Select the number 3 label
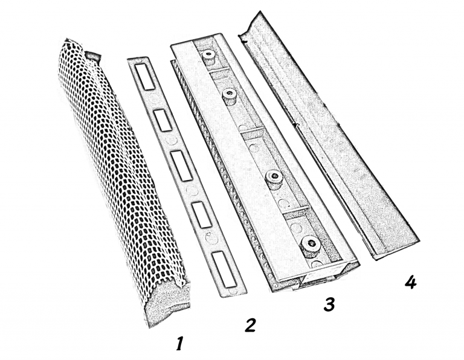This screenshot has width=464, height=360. tap(329, 304)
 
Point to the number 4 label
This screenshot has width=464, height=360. tap(410, 282)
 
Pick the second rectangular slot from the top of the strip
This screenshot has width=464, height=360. tap(163, 120)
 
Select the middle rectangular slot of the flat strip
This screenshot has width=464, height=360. tap(181, 166)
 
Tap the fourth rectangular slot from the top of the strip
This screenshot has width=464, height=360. tap(201, 215)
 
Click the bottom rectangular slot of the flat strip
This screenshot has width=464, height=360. tap(224, 269)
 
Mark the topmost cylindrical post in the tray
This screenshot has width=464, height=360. tap(209, 57)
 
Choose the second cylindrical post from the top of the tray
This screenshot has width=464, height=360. tap(229, 97)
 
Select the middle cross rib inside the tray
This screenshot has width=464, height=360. tap(253, 132)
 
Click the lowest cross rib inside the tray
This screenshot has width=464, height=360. tap(294, 211)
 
